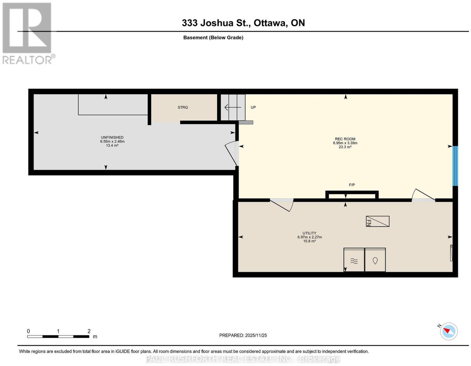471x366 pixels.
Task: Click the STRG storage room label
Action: pos(183,107)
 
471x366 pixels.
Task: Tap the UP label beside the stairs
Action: pos(253,107)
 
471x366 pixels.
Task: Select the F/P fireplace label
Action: pos(351,185)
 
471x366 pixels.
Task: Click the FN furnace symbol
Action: pos(377,221)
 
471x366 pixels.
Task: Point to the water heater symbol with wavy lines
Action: pos(354,260)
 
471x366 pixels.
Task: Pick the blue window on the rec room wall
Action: pos(455,166)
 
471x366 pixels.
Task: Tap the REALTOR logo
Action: pos(28,34)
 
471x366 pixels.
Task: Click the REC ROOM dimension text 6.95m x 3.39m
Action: pos(345,143)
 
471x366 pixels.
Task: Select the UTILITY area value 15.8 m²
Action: pos(309,241)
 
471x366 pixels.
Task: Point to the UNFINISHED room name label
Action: pos(112,138)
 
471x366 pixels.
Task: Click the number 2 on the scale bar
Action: pos(89,331)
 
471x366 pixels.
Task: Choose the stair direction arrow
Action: pos(233,107)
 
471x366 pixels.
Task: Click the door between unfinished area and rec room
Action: pos(232,153)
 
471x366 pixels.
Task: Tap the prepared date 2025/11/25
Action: pos(256,335)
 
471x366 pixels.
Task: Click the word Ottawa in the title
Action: pos(271,23)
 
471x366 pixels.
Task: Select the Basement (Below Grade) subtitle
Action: pos(213,37)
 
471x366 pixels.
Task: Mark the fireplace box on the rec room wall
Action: pos(352,195)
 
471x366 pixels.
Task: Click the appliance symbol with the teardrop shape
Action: pos(375,260)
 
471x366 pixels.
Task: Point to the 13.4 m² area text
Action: pos(112,145)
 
